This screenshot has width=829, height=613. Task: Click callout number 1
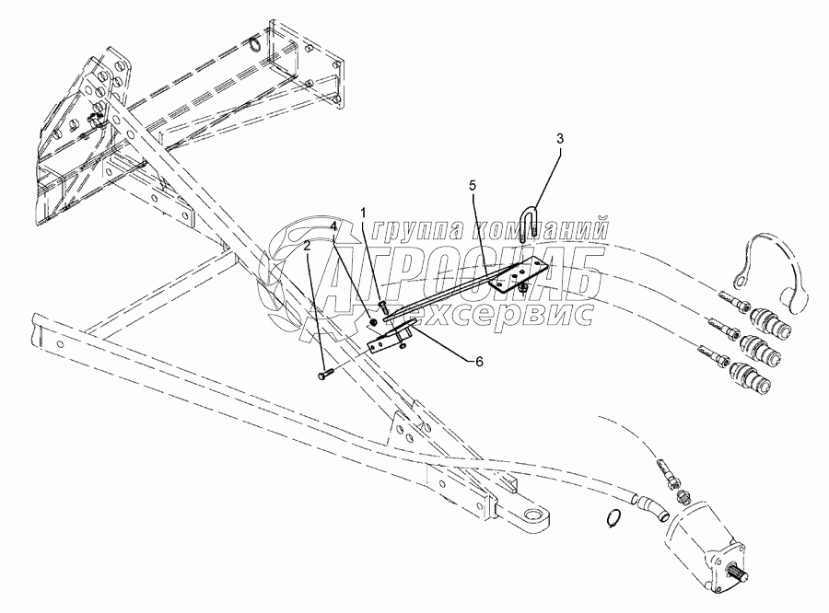[x=364, y=214]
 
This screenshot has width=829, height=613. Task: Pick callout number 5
[x=473, y=186]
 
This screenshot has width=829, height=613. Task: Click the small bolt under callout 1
[x=381, y=305]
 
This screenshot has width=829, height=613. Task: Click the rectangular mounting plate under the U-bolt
[x=520, y=275]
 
